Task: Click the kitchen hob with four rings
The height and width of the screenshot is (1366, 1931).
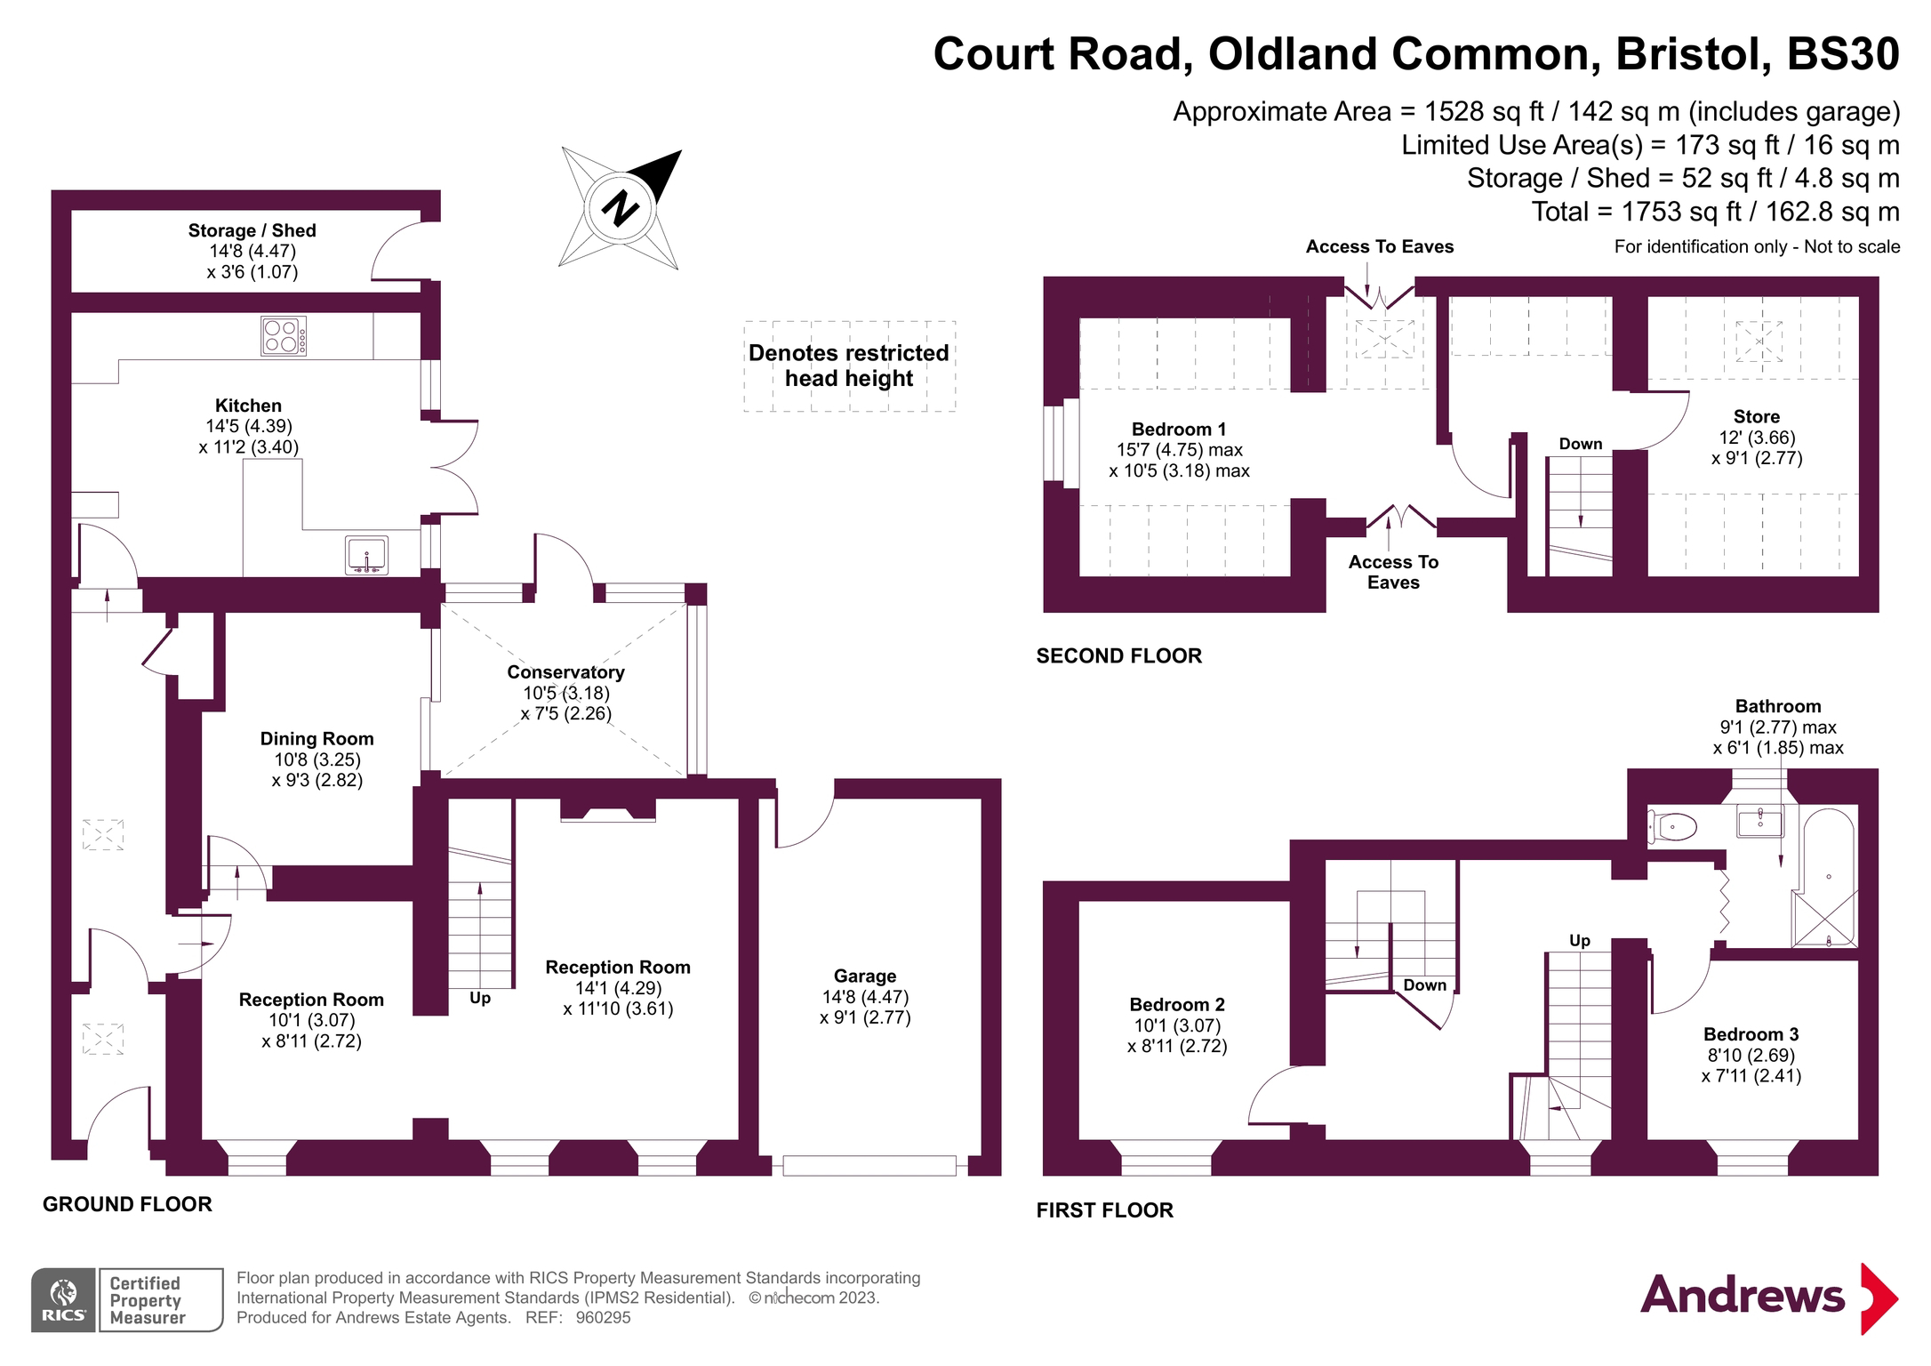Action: (x=284, y=336)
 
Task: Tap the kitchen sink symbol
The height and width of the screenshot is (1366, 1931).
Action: (x=366, y=555)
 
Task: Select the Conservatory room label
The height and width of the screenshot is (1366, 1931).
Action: (x=565, y=672)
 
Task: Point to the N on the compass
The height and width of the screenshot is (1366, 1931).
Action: (x=620, y=209)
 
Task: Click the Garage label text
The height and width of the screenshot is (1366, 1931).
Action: (x=864, y=976)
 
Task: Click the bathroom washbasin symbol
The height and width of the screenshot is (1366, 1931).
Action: (x=1759, y=821)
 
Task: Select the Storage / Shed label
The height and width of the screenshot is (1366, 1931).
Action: (x=252, y=230)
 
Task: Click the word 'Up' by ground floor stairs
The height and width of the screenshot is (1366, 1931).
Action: (x=480, y=998)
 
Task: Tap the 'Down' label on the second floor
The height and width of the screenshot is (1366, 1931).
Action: (x=1581, y=444)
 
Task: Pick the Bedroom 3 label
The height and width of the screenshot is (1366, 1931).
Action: (x=1751, y=1034)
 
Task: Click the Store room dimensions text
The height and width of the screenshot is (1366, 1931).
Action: (x=1756, y=448)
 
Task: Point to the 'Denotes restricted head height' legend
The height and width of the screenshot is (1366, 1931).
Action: (x=849, y=366)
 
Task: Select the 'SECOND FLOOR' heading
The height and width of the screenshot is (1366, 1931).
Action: (x=1118, y=656)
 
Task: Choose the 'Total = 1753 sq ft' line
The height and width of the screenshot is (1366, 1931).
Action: (x=1715, y=212)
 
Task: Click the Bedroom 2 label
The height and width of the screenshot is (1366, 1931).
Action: (x=1177, y=1004)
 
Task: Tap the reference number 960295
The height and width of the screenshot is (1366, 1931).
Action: (x=603, y=1317)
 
